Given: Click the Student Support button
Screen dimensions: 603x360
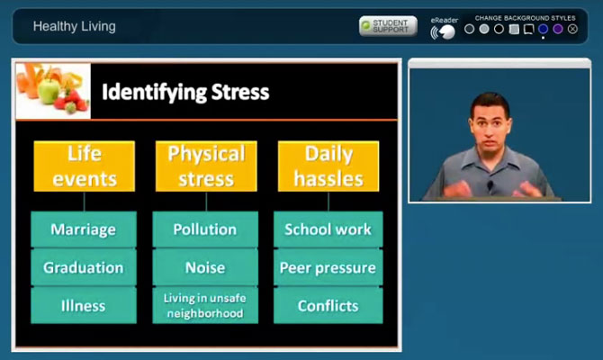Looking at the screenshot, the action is coord(388,26).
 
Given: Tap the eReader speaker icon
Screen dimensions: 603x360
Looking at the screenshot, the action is coord(443,32).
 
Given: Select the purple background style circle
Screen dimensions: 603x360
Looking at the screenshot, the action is coord(558,29).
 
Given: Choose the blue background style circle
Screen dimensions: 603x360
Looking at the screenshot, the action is coord(543,29).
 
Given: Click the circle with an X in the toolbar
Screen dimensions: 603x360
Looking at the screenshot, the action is coord(572,29).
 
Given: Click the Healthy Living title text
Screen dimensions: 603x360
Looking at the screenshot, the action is coord(74,26).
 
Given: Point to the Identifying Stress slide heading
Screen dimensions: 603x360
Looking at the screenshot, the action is coord(185,93).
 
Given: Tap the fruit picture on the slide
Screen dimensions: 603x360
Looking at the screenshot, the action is coord(53,91).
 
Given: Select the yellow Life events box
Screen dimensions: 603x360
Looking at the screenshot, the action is coord(85,166).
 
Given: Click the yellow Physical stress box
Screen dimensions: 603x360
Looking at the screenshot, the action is coord(206,166).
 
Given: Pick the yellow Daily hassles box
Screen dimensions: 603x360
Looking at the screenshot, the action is coord(328,166).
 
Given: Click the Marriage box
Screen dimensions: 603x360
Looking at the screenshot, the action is coord(84,229).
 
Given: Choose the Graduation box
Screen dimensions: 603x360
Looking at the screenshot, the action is coord(84,267).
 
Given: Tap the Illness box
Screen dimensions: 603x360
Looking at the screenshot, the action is coord(84,306).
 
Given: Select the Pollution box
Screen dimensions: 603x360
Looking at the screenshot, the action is coord(205,229).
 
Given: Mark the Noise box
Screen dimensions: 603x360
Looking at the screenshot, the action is coord(205,267).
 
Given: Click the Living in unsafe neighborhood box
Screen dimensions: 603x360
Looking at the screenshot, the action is coord(205,306).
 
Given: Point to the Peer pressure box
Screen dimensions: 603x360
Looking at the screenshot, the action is coord(328,267).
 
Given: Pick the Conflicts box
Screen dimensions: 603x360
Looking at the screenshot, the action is coord(328,306).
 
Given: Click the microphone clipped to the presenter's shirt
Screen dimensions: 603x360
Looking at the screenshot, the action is coord(490,185).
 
